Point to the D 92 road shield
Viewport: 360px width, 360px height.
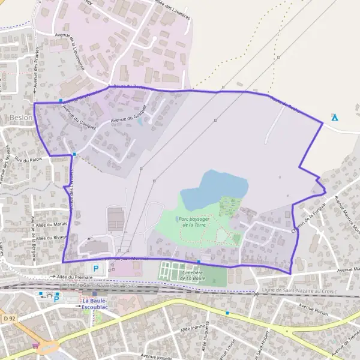point(8,317)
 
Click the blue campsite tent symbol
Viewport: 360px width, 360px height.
point(335,117)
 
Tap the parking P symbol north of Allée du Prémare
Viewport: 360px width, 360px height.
point(95,268)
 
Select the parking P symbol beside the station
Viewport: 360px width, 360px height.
point(57,298)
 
